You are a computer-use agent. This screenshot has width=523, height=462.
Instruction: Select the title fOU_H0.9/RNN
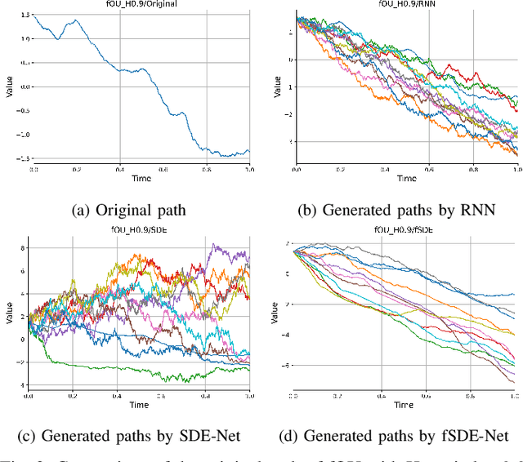coord(406,5)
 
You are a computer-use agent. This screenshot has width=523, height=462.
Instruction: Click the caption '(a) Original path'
coord(131,210)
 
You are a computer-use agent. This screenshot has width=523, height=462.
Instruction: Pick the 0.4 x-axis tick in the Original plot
coord(120,169)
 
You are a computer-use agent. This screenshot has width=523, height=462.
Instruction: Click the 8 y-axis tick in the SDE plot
coord(23,247)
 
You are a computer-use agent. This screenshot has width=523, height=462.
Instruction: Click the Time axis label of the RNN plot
coord(406,179)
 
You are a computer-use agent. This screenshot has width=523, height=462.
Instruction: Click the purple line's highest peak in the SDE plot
coord(213,244)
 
